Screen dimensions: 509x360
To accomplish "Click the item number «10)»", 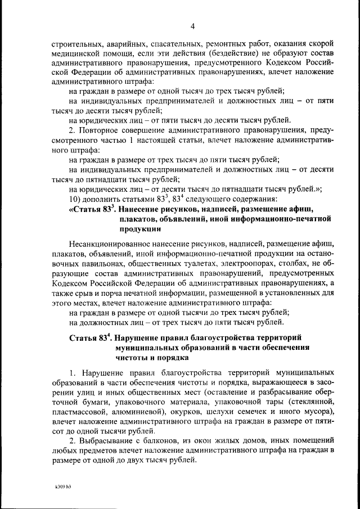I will pyautogui.click(x=75, y=200).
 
